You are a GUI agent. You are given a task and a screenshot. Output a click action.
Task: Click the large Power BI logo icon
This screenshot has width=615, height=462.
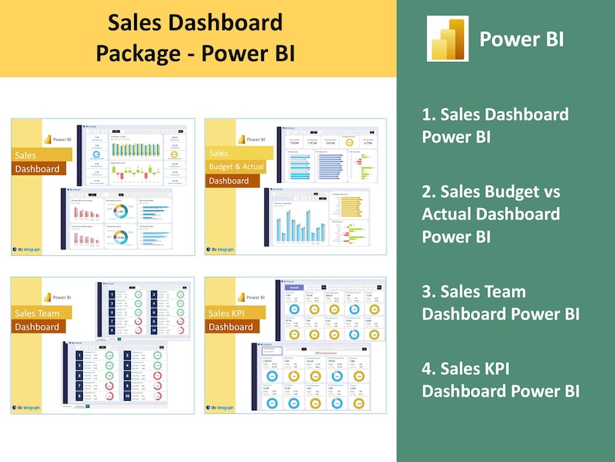point(448,39)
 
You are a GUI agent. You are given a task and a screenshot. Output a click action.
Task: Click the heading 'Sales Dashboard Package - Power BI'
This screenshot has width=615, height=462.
point(194,38)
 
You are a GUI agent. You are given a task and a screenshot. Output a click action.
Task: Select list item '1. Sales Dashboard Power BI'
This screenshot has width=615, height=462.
point(495,126)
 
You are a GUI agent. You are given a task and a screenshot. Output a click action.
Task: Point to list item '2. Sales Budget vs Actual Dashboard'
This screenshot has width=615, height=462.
point(490,213)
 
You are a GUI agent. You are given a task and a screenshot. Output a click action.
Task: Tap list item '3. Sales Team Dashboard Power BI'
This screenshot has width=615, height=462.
point(500,302)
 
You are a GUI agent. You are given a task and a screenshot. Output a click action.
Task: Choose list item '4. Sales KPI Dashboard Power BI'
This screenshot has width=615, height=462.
point(500,380)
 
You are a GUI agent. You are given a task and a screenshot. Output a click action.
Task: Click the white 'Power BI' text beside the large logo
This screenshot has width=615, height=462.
point(521,39)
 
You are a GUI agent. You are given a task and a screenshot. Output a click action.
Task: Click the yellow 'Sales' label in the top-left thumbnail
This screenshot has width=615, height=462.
point(26,155)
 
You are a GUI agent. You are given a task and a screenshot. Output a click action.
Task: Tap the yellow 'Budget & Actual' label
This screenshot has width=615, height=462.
point(236,167)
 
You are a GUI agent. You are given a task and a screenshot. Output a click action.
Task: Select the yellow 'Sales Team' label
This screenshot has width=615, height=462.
point(37,313)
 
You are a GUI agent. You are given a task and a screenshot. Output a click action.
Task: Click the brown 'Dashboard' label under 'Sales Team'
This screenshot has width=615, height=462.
point(37,326)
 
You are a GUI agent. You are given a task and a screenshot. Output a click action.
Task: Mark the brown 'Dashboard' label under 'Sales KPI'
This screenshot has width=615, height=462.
point(230,326)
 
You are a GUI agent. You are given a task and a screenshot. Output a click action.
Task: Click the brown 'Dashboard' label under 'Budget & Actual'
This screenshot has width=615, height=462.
point(228,181)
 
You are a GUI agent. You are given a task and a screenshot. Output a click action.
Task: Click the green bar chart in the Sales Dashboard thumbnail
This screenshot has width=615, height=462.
point(135,148)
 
